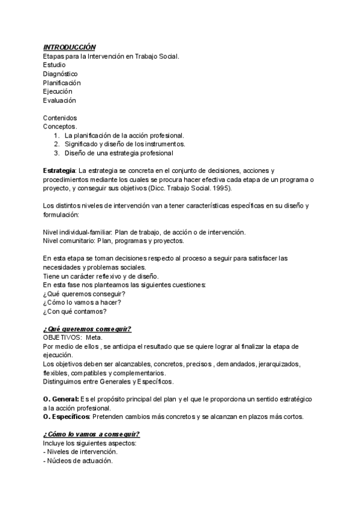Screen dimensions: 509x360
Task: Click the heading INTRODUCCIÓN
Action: pos(69,47)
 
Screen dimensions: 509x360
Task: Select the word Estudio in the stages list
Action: pos(55,65)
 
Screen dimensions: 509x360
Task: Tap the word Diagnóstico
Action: pos(60,74)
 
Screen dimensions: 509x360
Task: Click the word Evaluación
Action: pos(59,101)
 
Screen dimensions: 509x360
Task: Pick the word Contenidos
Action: pos(60,118)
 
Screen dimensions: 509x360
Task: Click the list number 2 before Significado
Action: pos(56,144)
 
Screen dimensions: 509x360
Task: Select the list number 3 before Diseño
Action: pos(56,153)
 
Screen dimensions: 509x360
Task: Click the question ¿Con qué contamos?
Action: pos(75,311)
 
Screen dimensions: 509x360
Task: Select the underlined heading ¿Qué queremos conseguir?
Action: pos(87,329)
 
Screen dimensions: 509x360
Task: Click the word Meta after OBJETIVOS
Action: pos(94,338)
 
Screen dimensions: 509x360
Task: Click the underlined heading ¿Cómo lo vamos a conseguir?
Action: pos(92,435)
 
